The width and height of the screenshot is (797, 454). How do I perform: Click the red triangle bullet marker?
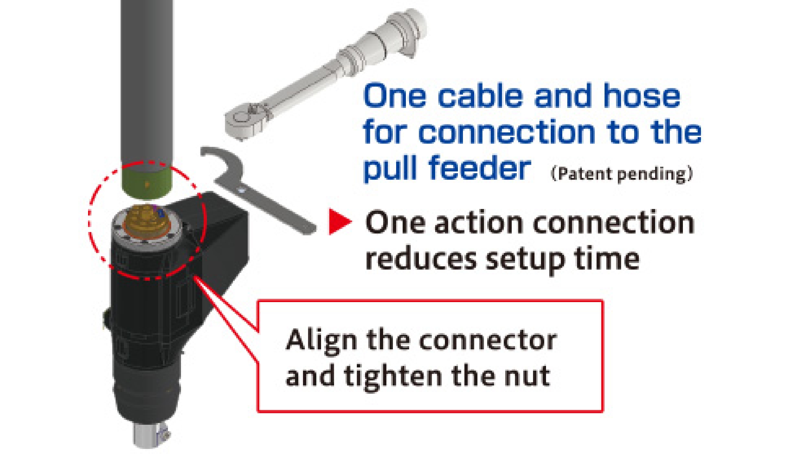pyautogui.click(x=339, y=222)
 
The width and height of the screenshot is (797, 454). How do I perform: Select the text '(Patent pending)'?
pyautogui.click(x=621, y=174)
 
